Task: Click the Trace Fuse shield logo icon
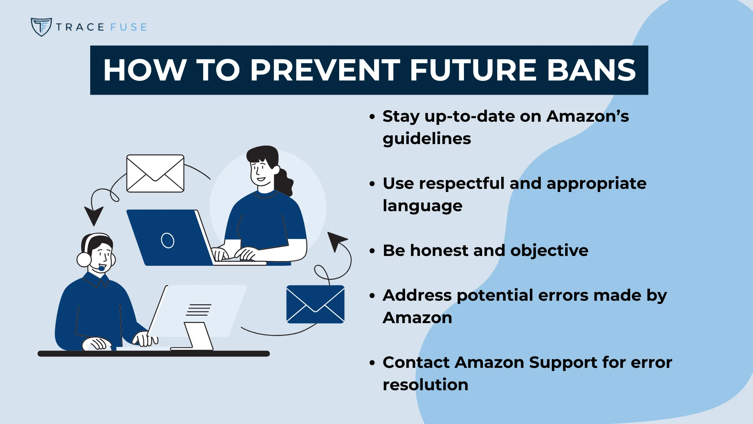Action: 41,27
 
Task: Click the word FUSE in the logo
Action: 129,27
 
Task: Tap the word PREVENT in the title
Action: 325,70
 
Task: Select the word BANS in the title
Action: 591,70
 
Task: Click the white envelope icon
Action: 155,173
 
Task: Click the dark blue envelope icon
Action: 315,304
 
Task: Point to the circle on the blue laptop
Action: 167,240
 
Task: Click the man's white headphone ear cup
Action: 84,260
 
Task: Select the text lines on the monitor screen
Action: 199,310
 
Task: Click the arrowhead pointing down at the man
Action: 94,215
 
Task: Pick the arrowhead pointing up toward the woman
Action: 336,240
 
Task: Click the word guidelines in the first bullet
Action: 427,139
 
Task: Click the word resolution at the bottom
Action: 426,385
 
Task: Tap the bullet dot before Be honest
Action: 372,251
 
